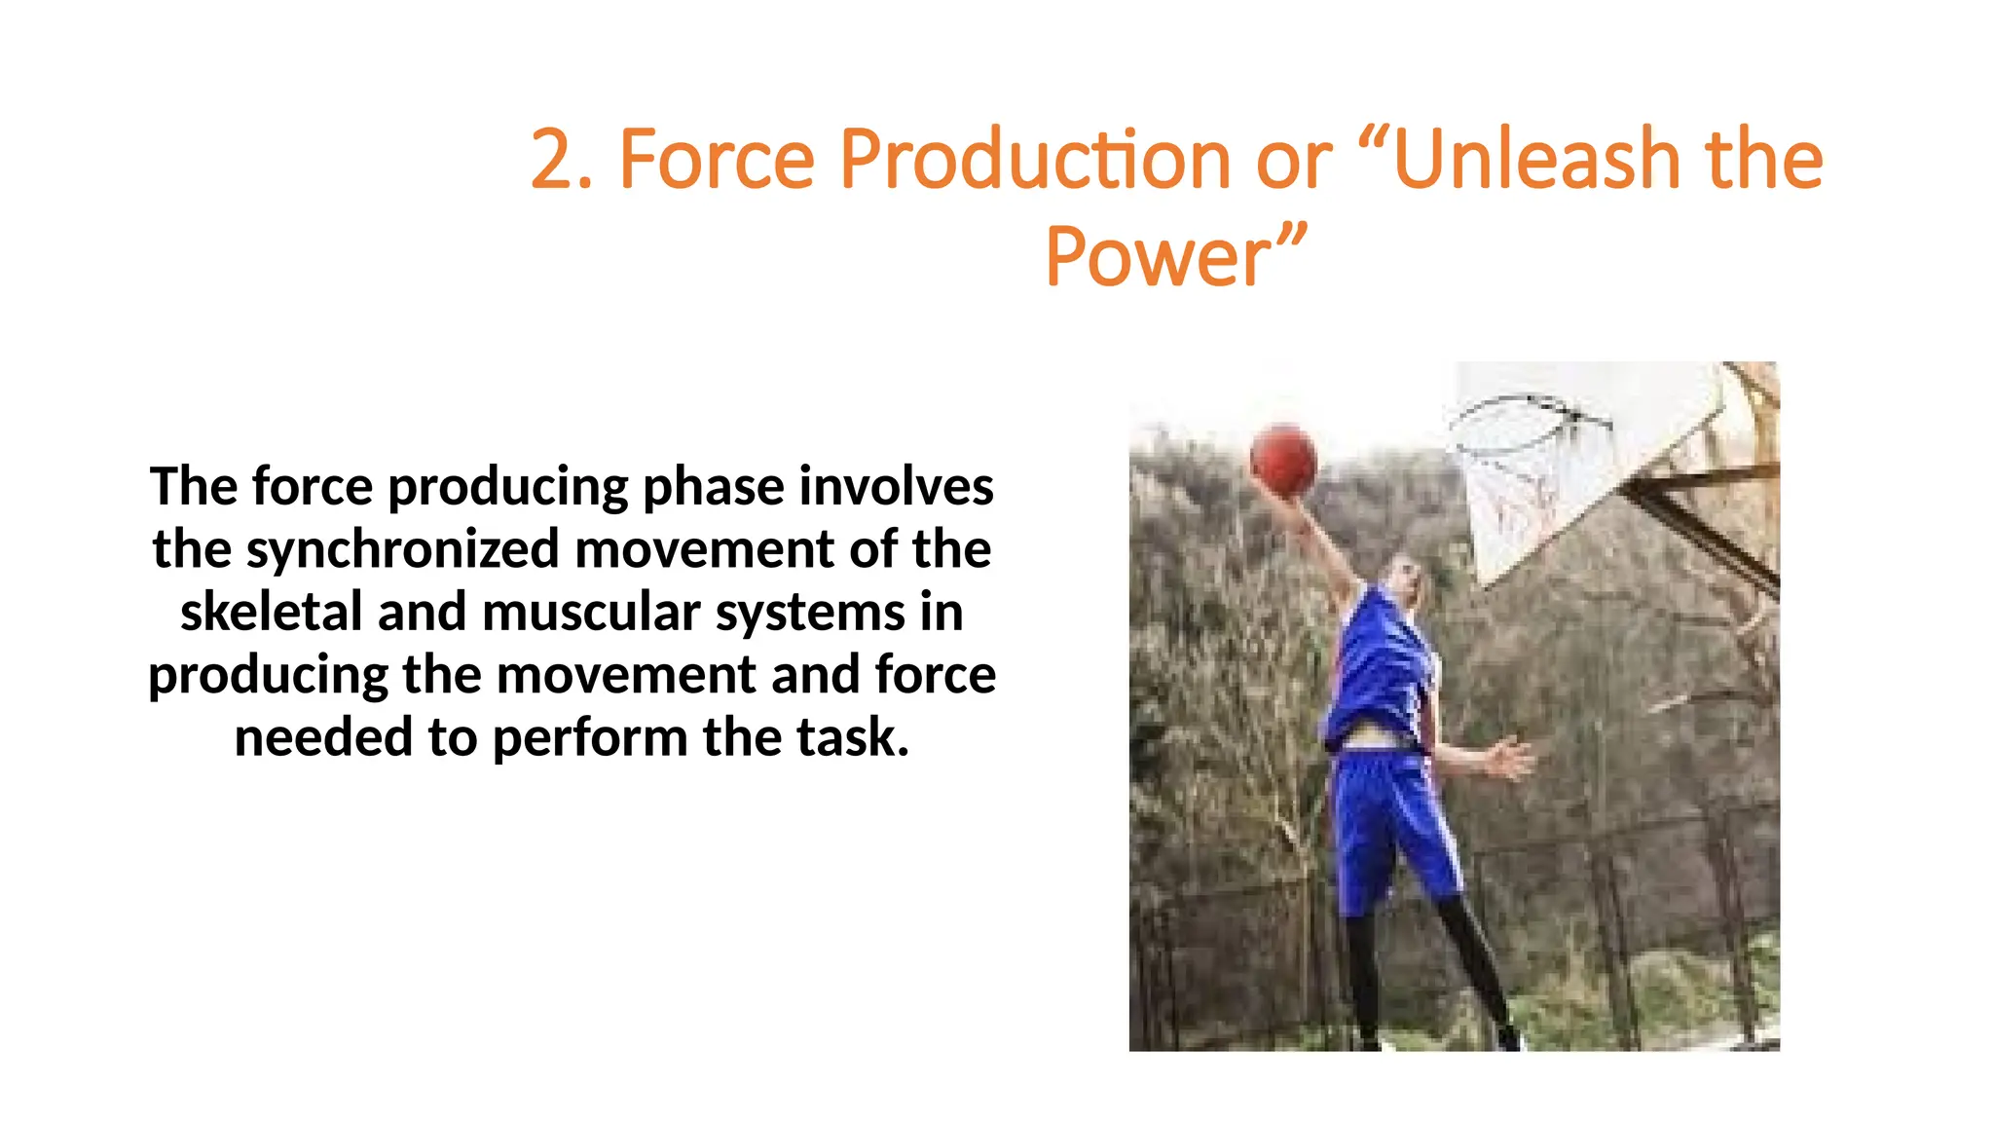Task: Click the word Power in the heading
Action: [1159, 257]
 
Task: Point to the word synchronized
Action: [403, 549]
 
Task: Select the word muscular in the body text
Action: [591, 612]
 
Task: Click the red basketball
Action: [1283, 460]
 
